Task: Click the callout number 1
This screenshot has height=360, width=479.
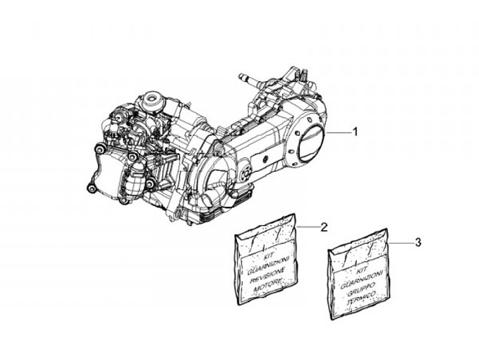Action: pyautogui.click(x=355, y=132)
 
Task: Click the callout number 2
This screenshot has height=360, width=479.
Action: pyautogui.click(x=324, y=227)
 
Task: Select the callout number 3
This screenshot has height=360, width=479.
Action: pyautogui.click(x=417, y=243)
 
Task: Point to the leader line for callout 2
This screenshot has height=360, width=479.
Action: pyautogui.click(x=307, y=227)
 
